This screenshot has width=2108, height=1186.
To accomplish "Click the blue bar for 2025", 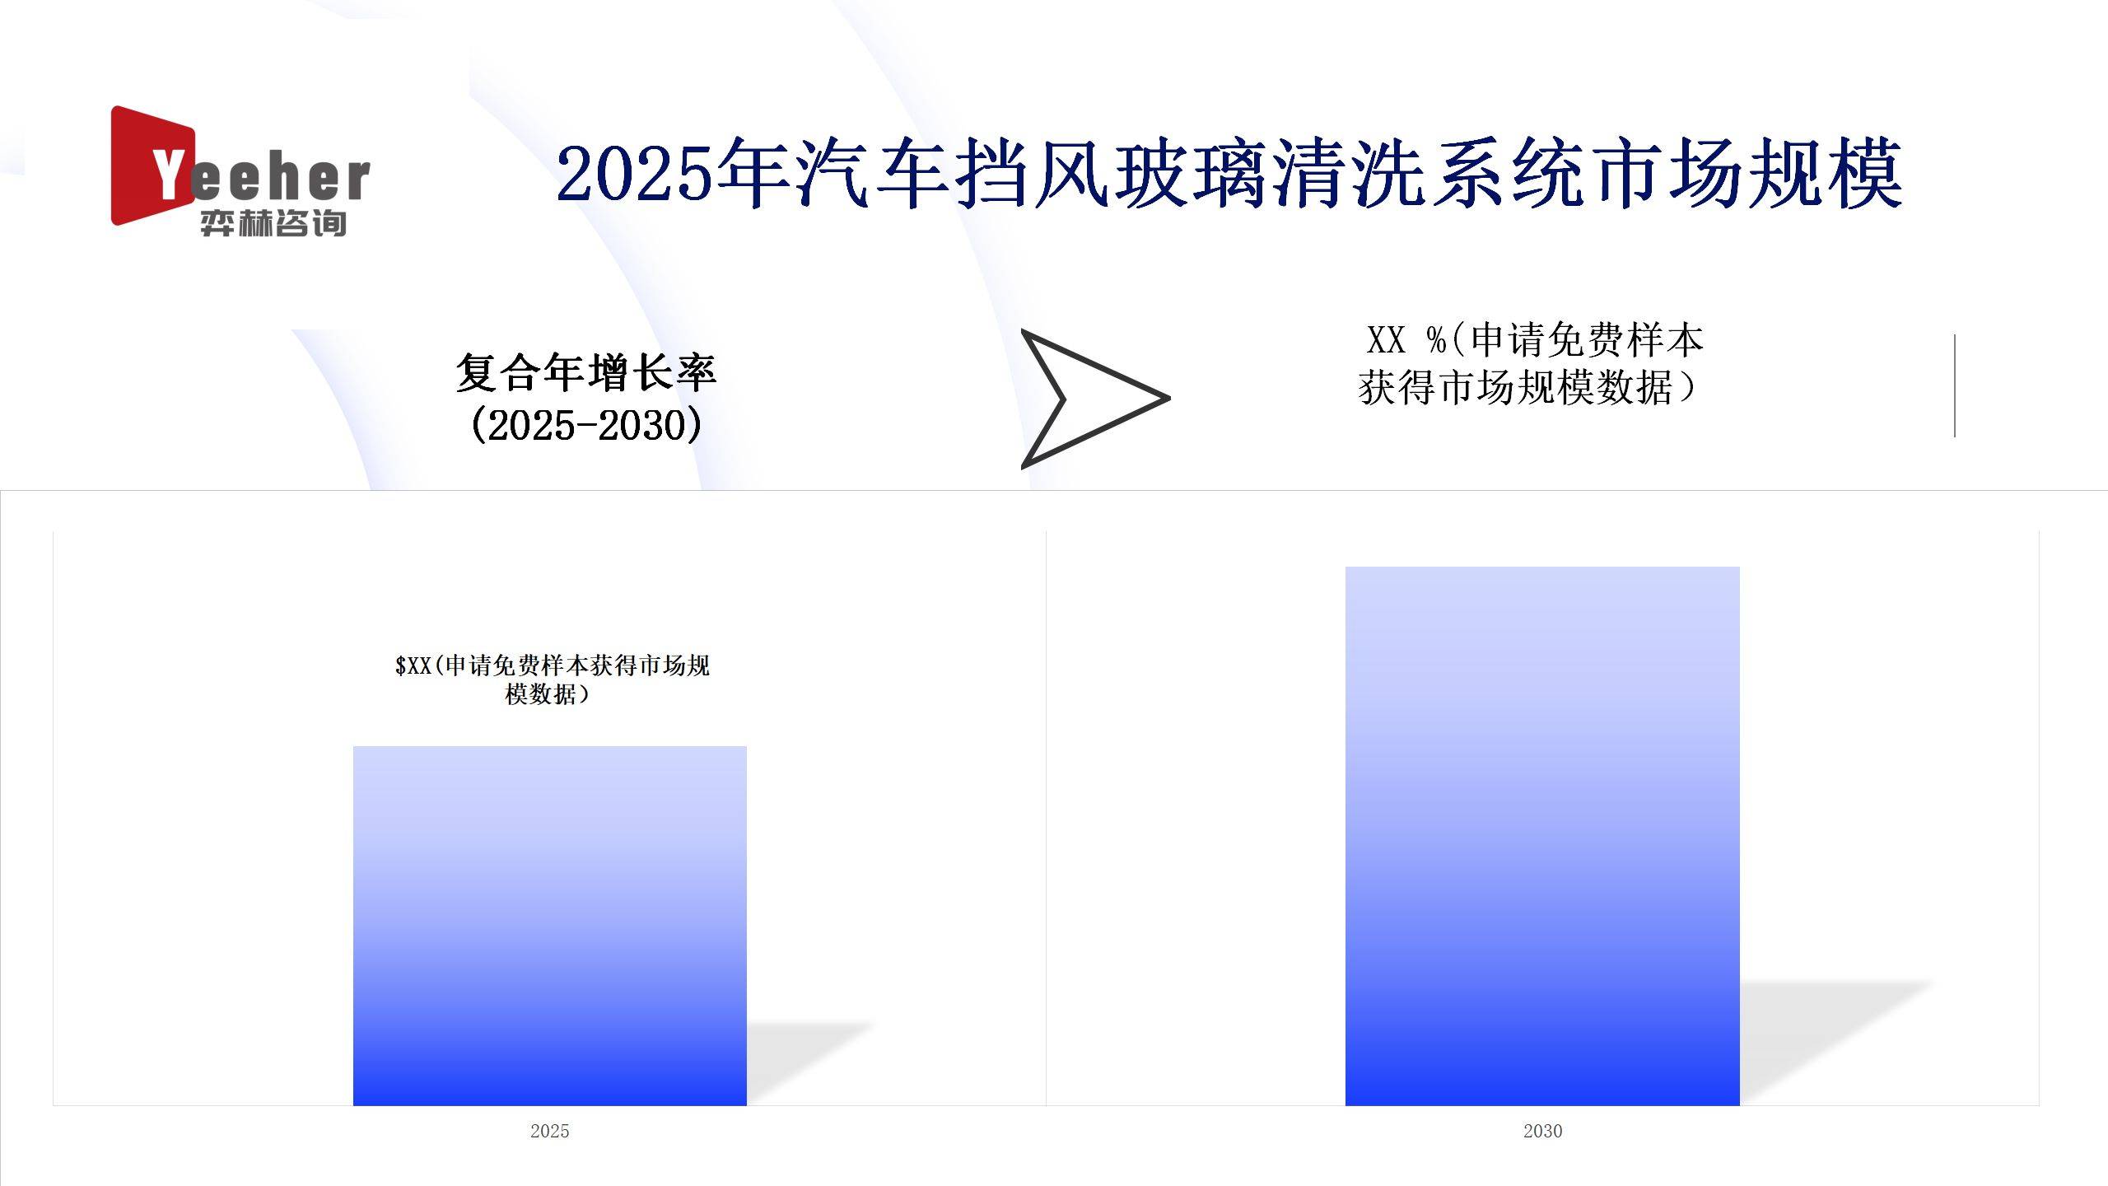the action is pos(550,926).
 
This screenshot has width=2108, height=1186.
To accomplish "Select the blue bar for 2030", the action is pos(1542,836).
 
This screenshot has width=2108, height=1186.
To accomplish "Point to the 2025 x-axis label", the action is pos(550,1131).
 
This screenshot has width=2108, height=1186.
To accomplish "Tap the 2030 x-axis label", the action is pos(1542,1131).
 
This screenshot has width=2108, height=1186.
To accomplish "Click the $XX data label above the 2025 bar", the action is pos(552,679).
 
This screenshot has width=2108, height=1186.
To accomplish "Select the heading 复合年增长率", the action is pos(585,372).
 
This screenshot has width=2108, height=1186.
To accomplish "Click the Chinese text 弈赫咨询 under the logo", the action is pos(273,223).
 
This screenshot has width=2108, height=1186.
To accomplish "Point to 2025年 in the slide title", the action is pos(673,173).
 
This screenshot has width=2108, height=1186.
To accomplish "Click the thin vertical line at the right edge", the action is pos(1954,385).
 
